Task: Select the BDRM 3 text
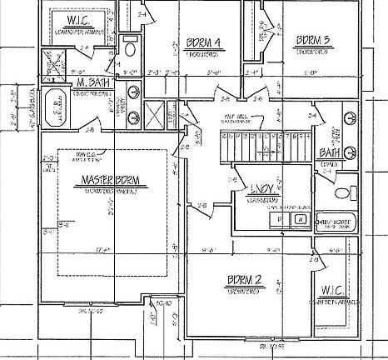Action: point(313,39)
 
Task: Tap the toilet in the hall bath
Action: point(342,193)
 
